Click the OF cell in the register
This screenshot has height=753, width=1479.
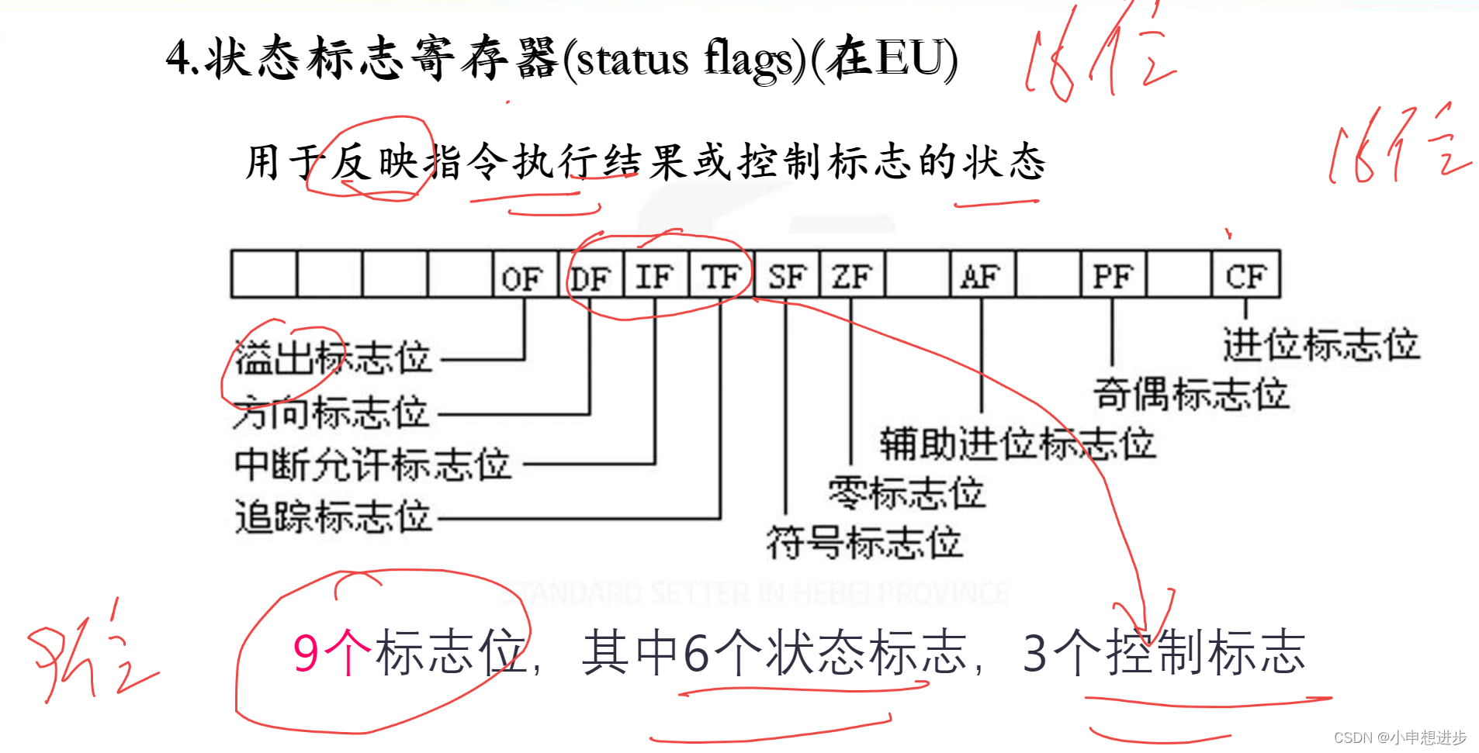coord(525,275)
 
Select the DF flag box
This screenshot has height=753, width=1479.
coord(591,275)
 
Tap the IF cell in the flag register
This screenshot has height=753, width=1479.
coord(656,275)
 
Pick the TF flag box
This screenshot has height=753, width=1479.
coord(721,275)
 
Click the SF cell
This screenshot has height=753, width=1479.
coord(787,275)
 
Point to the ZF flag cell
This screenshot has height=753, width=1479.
coord(852,275)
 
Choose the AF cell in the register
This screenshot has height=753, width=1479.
coord(982,275)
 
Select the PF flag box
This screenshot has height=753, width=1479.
coord(1113,275)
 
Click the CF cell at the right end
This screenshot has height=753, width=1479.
coord(1245,275)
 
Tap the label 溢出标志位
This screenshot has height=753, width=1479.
coord(333,358)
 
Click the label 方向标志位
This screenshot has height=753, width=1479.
coord(331,412)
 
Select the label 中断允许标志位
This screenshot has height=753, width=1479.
coord(372,464)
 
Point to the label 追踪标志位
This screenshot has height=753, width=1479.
coord(333,516)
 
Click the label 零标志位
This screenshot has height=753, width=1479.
coord(906,492)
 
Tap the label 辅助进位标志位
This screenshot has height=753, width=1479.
coord(1017,444)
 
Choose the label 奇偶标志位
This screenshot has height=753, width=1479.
coord(1191,393)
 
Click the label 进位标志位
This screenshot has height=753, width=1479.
coord(1321,344)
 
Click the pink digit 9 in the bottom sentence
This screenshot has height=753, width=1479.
coord(306,653)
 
